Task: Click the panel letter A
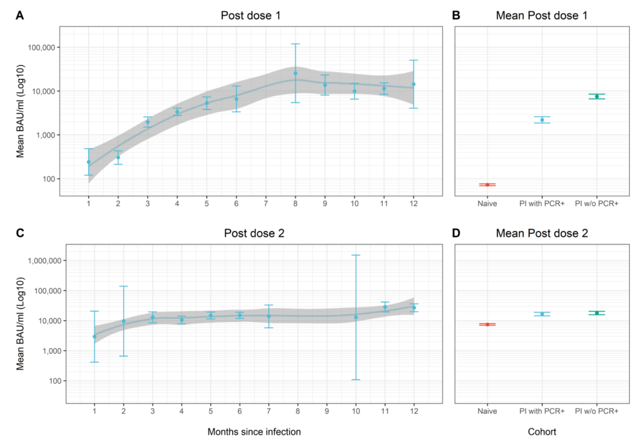(x=19, y=17)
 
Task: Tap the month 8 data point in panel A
(x=295, y=73)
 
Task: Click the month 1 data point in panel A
(x=89, y=162)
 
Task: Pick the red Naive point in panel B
(x=487, y=185)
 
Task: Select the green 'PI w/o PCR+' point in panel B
(x=596, y=96)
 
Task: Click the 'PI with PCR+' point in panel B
(x=542, y=120)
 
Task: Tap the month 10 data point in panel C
(x=356, y=317)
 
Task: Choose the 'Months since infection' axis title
(x=254, y=432)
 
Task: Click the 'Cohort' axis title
(x=542, y=432)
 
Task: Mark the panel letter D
(x=456, y=233)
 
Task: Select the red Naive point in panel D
(x=487, y=324)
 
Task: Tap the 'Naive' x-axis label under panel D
(x=487, y=410)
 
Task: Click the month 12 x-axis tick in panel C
(x=414, y=410)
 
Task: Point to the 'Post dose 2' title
(x=254, y=233)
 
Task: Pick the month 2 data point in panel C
(x=123, y=321)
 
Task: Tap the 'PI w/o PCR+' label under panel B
(x=596, y=203)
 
